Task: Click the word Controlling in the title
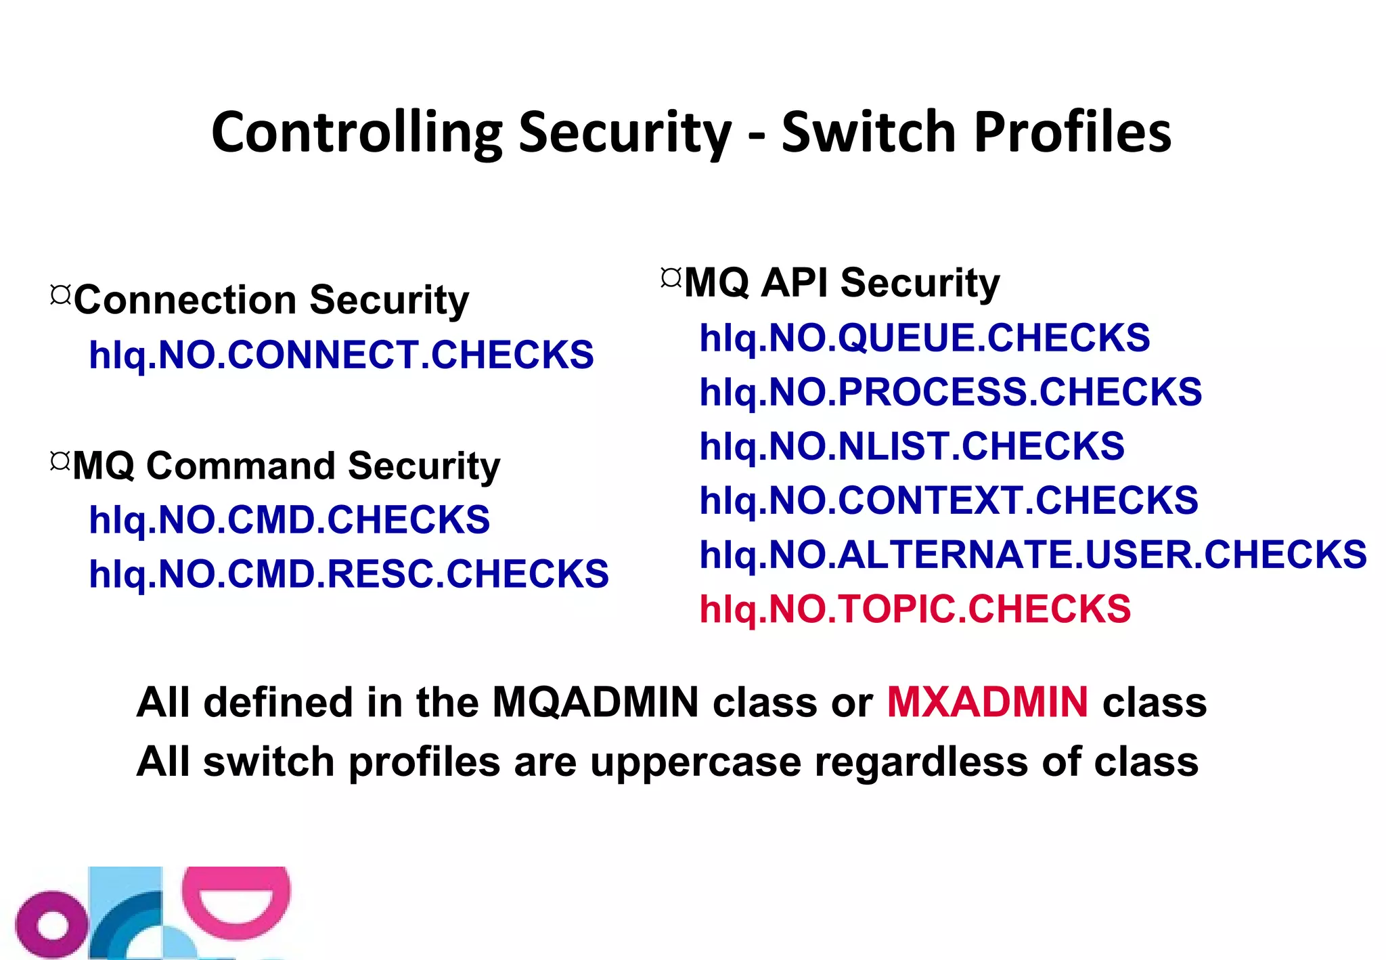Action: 357,133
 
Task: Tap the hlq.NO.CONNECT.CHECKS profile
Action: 341,355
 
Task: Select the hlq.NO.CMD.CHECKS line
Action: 289,520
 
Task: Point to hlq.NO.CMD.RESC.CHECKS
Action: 349,574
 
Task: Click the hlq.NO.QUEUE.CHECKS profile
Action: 924,338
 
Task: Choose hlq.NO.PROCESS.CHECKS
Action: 950,392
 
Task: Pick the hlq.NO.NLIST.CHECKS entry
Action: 912,446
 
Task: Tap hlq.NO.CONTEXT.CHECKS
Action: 948,500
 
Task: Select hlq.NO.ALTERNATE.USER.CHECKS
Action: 1033,554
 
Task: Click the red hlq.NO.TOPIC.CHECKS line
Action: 915,609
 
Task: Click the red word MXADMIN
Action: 987,702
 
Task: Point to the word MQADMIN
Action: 595,702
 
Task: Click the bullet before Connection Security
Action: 60,294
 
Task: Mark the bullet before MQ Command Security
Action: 60,461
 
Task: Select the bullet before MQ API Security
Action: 671,278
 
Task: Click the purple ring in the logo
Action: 51,925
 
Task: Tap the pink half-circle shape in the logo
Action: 236,900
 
